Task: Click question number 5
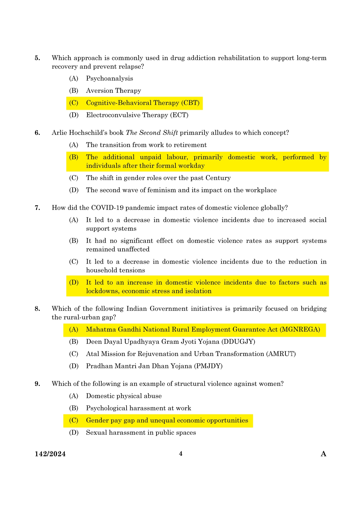pos(37,58)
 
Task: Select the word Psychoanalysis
pos(109,78)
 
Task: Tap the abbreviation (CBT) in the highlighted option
pos(190,103)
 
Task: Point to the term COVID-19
pos(107,208)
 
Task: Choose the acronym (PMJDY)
pos(208,366)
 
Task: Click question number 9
pos(37,384)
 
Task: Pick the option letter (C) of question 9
pos(74,420)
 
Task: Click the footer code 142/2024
pos(50,454)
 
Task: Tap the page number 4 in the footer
pos(181,454)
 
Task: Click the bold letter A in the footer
pos(323,454)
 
